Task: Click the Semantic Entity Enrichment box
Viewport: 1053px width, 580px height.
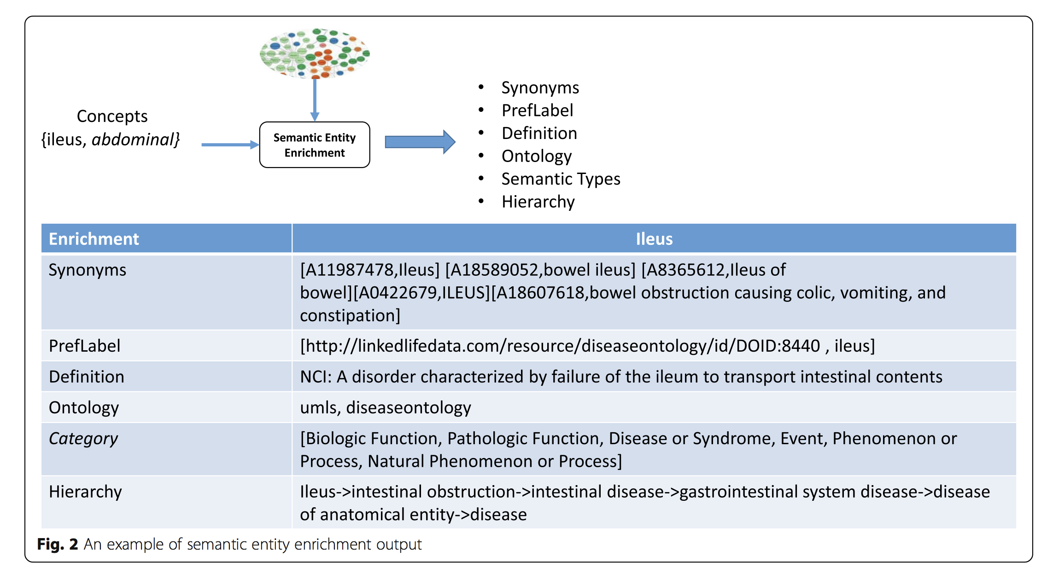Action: (315, 145)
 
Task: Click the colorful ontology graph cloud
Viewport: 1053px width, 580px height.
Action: (315, 53)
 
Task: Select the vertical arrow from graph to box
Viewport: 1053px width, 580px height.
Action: (315, 99)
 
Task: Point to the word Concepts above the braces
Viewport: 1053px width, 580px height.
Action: (112, 116)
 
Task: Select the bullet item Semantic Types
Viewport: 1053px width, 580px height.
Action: (561, 179)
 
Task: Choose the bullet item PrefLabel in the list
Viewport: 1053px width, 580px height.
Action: (537, 110)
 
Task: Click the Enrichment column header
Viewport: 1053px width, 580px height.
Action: (94, 239)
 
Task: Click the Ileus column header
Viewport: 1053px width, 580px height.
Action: (654, 239)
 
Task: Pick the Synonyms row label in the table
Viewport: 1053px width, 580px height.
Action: (88, 270)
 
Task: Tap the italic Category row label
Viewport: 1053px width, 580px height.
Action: (83, 439)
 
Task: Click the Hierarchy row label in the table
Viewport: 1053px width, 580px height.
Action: (85, 492)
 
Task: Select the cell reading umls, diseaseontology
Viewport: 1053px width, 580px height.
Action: (386, 408)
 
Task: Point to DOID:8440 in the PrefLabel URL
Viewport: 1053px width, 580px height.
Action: (778, 346)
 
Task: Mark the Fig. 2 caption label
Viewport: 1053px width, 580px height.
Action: (58, 544)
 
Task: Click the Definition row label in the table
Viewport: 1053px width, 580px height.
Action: (87, 377)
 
